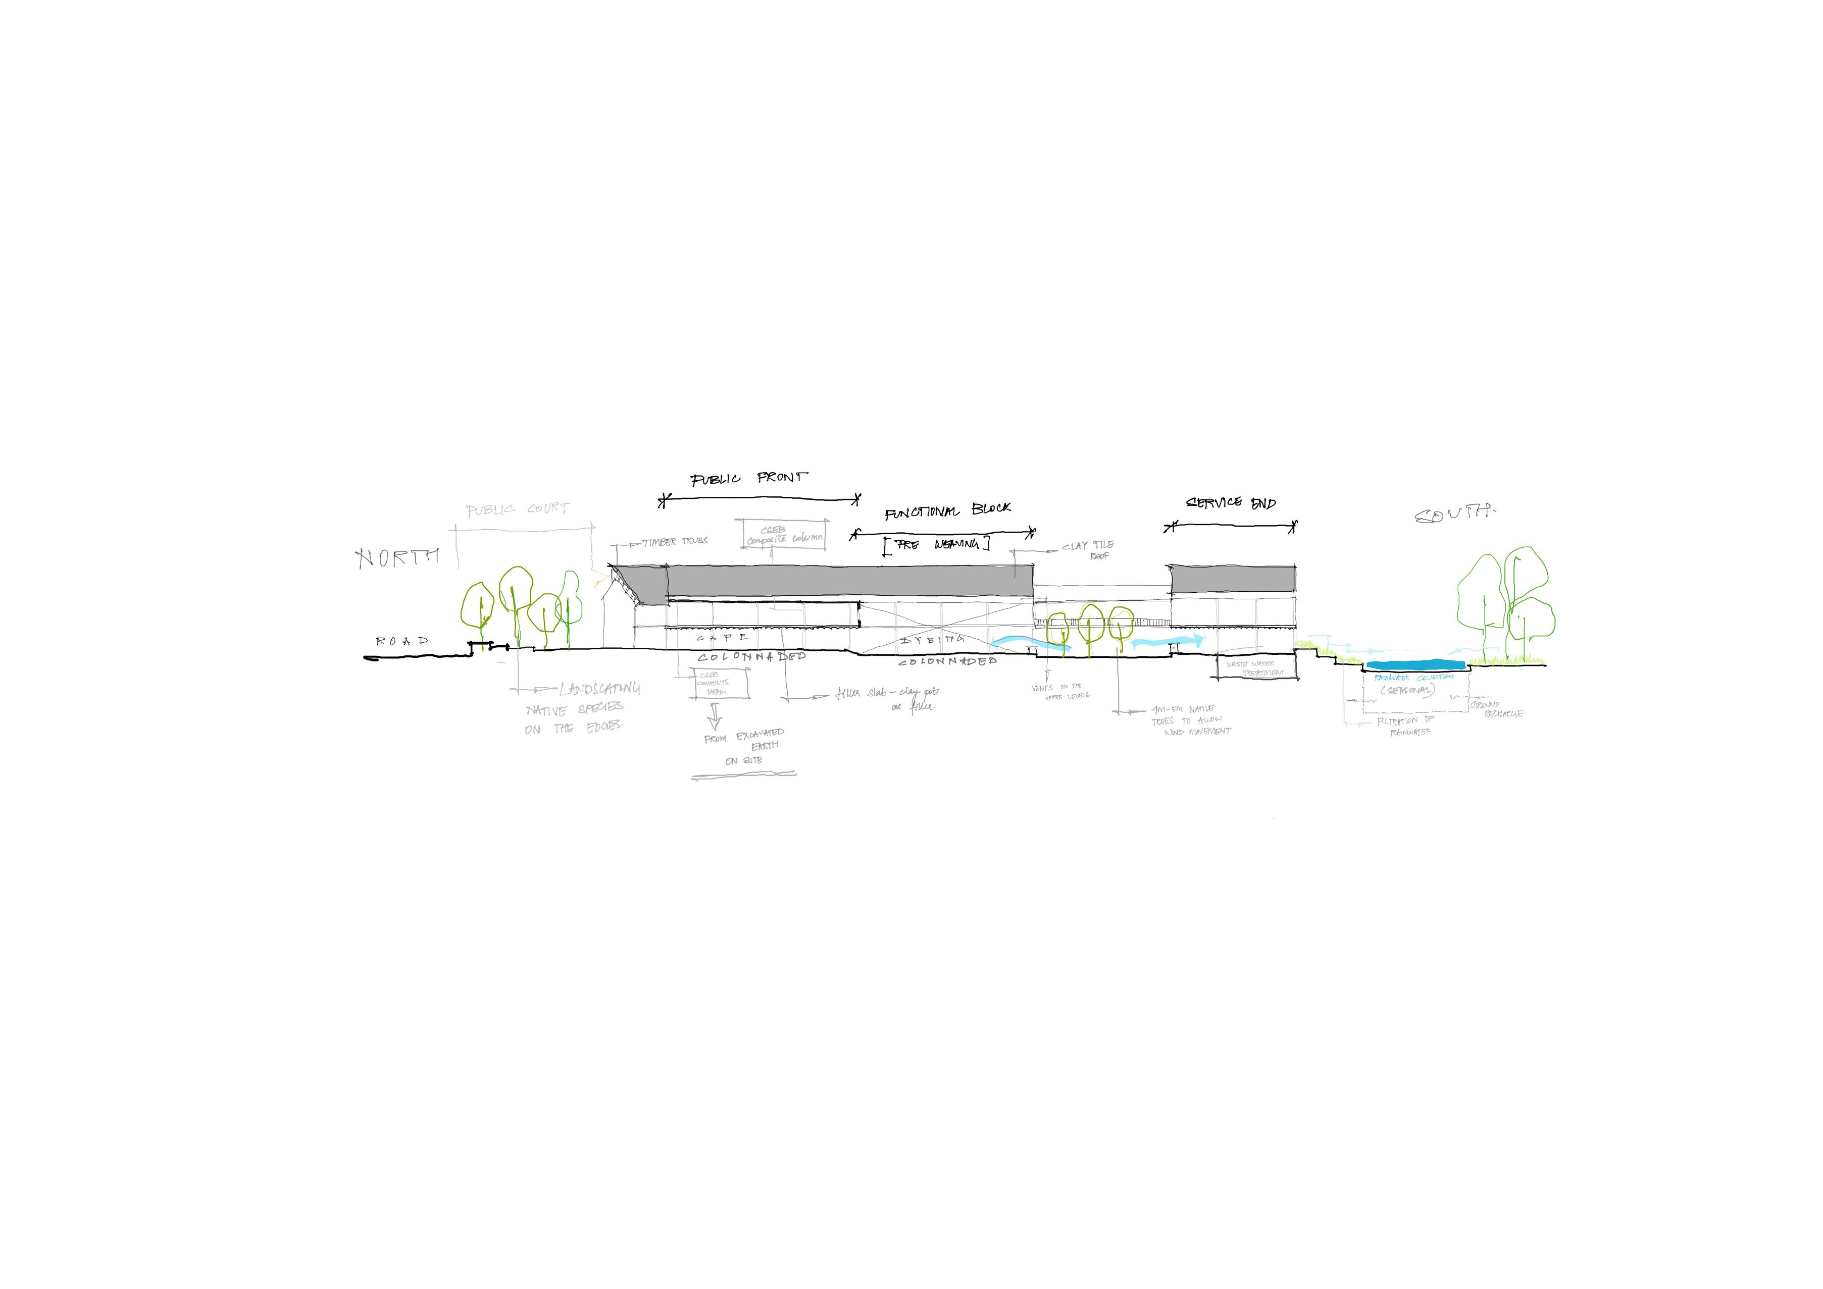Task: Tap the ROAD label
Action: pos(402,641)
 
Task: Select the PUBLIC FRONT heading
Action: pos(749,479)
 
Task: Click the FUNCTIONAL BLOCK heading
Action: pos(948,510)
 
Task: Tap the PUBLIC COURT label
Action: pos(517,509)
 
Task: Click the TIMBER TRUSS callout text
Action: pos(674,541)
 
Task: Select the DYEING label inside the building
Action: pos(932,639)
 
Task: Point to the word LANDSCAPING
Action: pos(599,689)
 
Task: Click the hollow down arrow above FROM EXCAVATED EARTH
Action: pos(715,717)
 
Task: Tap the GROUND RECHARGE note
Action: pos(1497,709)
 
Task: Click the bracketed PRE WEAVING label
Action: pos(937,544)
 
